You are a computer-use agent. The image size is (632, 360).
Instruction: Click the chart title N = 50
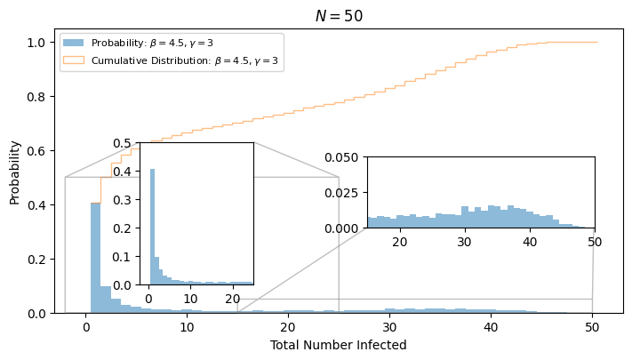(339, 16)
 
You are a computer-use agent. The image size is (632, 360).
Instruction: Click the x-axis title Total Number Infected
(338, 345)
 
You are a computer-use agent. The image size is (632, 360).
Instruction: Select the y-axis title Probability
(14, 172)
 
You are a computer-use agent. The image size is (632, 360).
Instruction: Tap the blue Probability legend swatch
(74, 43)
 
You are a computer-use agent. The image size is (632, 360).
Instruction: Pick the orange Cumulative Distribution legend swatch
(74, 60)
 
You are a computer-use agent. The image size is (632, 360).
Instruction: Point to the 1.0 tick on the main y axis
(36, 43)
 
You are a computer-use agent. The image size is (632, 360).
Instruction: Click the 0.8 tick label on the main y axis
(36, 97)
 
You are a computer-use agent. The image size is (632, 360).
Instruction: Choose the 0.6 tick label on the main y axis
(36, 151)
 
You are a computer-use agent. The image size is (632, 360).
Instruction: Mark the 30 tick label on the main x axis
(389, 327)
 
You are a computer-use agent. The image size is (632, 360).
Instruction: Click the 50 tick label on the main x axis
(592, 327)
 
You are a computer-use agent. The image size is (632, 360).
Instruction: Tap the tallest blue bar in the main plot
(95, 258)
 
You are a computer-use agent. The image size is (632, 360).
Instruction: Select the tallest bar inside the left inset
(152, 227)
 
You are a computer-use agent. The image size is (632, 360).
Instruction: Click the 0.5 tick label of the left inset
(122, 143)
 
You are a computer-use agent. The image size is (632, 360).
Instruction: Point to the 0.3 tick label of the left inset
(122, 200)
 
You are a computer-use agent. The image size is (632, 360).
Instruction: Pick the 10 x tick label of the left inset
(190, 299)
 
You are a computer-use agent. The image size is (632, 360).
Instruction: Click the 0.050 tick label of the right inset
(341, 157)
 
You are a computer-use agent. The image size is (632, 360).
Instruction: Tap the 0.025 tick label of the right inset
(341, 193)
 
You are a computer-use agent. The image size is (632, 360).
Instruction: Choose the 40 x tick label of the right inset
(530, 242)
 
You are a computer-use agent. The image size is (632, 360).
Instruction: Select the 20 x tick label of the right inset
(400, 242)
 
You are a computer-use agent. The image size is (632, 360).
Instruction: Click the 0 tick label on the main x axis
(86, 327)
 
